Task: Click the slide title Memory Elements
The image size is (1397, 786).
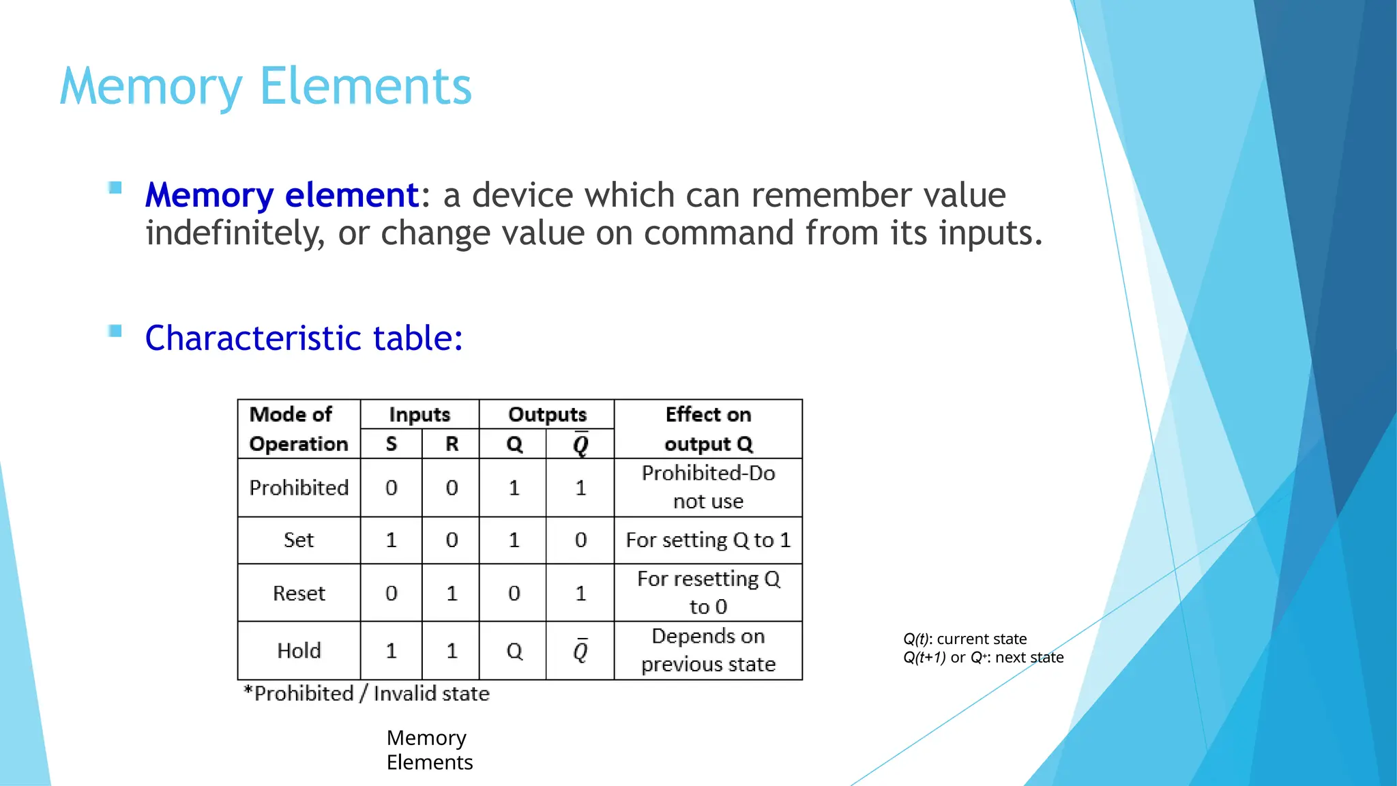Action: pyautogui.click(x=265, y=86)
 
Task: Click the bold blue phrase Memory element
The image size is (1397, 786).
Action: pyautogui.click(x=282, y=195)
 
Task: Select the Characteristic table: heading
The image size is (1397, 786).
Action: pyautogui.click(x=304, y=338)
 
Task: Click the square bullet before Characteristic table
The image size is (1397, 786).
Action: pyautogui.click(x=115, y=332)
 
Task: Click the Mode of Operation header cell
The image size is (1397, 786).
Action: pyautogui.click(x=298, y=429)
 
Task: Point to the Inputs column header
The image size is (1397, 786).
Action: pyautogui.click(x=420, y=415)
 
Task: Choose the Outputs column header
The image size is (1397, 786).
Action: pyautogui.click(x=547, y=415)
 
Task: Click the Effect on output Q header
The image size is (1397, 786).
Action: pyautogui.click(x=708, y=429)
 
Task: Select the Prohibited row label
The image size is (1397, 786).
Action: pyautogui.click(x=299, y=488)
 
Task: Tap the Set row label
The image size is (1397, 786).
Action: pyautogui.click(x=299, y=540)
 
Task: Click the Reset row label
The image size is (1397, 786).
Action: pyautogui.click(x=299, y=593)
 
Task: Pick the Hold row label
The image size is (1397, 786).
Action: pyautogui.click(x=299, y=651)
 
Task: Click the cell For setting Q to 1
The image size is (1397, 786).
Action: pyautogui.click(x=708, y=540)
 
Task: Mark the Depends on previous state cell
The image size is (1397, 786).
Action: pyautogui.click(x=708, y=650)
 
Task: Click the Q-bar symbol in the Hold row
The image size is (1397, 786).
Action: pyautogui.click(x=580, y=651)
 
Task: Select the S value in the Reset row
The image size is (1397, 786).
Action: pyautogui.click(x=391, y=593)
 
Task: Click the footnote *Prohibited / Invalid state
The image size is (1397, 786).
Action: pyautogui.click(x=367, y=694)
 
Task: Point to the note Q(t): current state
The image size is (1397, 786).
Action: pyautogui.click(x=965, y=639)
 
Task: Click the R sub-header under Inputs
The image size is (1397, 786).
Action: pyautogui.click(x=452, y=444)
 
